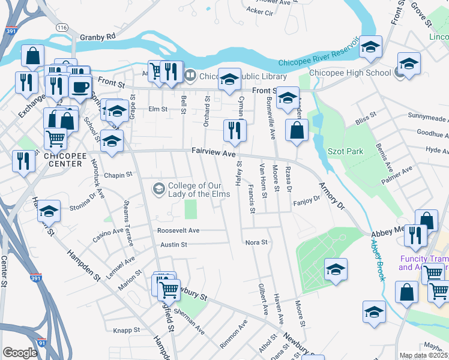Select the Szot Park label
point(345,151)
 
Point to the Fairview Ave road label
point(213,154)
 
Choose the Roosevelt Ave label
point(178,230)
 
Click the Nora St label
point(256,242)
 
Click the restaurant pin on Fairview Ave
point(233,131)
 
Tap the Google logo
point(20,353)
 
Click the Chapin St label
point(117,175)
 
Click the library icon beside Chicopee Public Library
point(190,75)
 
